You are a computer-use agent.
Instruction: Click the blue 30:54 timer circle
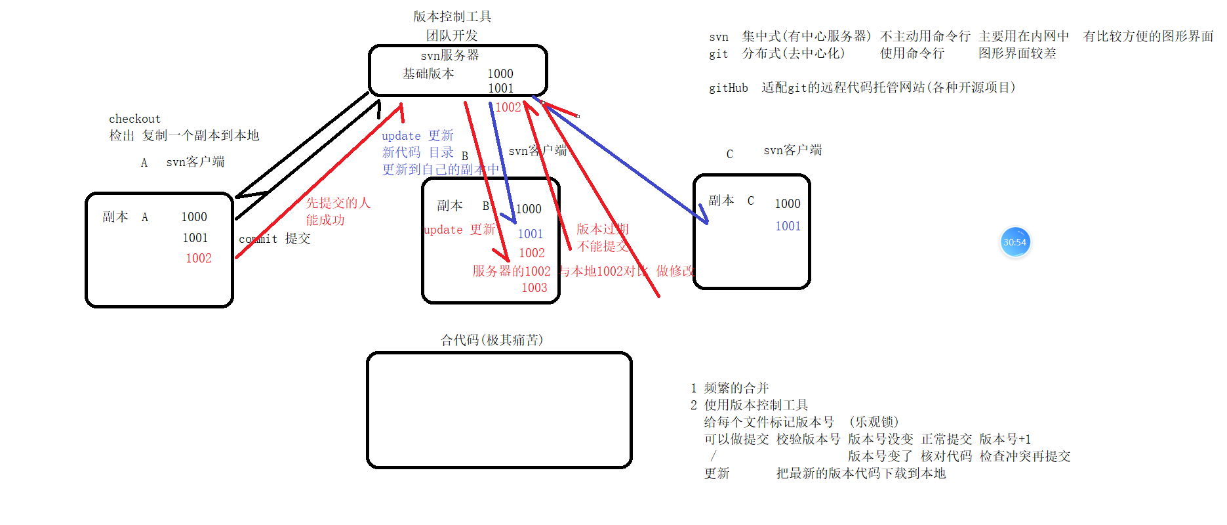pyautogui.click(x=1015, y=242)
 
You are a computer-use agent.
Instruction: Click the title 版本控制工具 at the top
pyautogui.click(x=452, y=16)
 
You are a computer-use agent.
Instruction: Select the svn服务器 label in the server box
pyautogui.click(x=450, y=55)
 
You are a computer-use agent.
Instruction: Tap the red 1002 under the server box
pyautogui.click(x=508, y=108)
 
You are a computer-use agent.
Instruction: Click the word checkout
pyautogui.click(x=134, y=119)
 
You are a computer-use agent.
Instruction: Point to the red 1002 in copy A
pyautogui.click(x=198, y=259)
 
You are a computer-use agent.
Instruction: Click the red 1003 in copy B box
pyautogui.click(x=534, y=288)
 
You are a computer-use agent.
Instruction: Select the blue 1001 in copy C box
pyautogui.click(x=788, y=226)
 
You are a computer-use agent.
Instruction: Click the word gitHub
pyautogui.click(x=728, y=88)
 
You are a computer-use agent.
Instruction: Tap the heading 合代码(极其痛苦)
pyautogui.click(x=492, y=340)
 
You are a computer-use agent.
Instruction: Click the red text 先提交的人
pyautogui.click(x=338, y=203)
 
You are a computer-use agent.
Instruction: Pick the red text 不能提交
pyautogui.click(x=602, y=246)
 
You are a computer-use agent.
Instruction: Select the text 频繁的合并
pyautogui.click(x=736, y=388)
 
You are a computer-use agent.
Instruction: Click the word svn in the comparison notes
pyautogui.click(x=719, y=37)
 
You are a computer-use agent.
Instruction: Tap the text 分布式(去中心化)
pyautogui.click(x=794, y=54)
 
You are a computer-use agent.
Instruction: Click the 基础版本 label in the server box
pyautogui.click(x=428, y=73)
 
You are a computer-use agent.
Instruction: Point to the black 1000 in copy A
pyautogui.click(x=194, y=217)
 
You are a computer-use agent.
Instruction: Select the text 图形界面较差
pyautogui.click(x=1017, y=54)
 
